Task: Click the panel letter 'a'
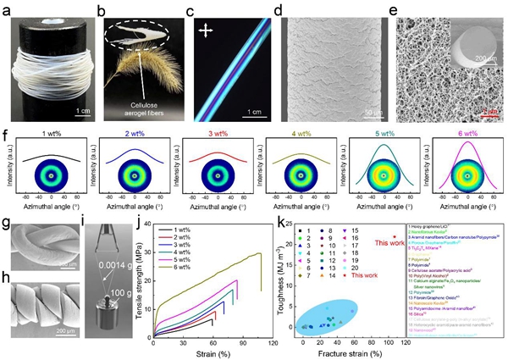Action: [6, 9]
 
